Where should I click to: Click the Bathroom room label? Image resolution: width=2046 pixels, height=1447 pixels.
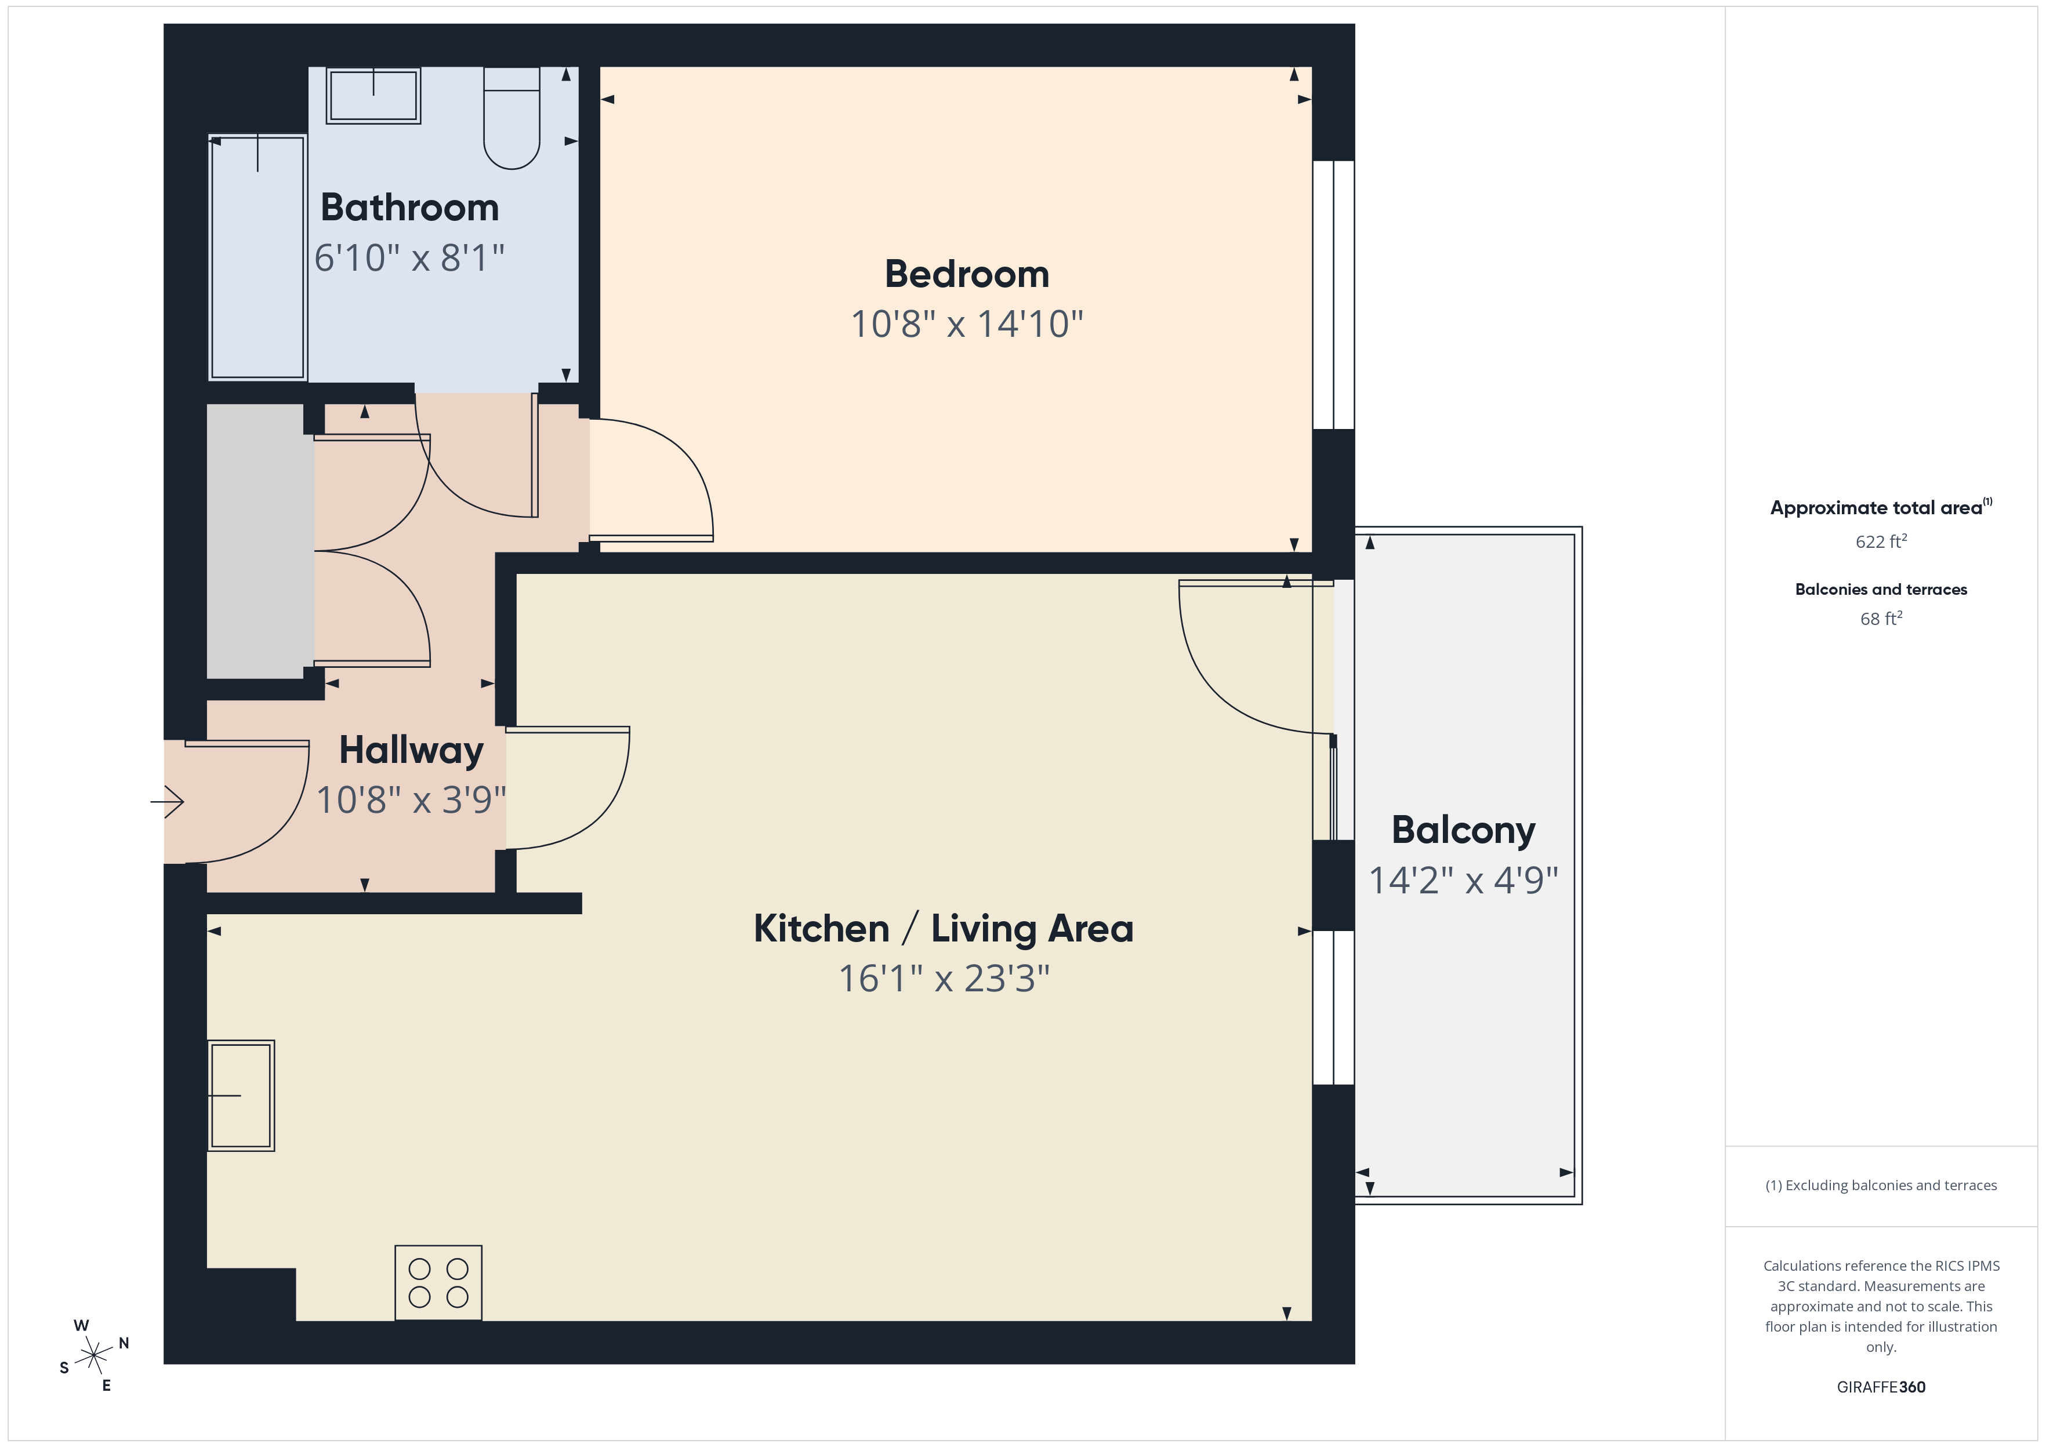(410, 208)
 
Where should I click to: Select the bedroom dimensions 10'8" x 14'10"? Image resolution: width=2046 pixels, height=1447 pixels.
(967, 323)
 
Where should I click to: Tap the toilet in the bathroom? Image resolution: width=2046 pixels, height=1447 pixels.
(512, 118)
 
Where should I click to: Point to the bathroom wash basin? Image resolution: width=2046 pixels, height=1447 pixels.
(373, 95)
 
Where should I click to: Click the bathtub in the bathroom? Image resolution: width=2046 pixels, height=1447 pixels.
(257, 257)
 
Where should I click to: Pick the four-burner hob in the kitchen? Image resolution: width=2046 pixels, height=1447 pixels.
(438, 1282)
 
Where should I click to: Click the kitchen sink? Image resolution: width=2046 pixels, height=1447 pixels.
(241, 1095)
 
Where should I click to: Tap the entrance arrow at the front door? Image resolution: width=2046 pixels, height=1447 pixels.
(168, 802)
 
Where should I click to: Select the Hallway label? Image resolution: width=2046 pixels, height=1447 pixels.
(411, 750)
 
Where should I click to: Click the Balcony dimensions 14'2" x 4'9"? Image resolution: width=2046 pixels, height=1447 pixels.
(1463, 881)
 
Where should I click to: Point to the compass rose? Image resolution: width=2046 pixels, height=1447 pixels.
(93, 1356)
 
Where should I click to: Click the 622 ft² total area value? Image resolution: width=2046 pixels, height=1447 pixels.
(1881, 541)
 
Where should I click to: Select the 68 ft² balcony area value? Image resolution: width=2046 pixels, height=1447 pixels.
(1881, 617)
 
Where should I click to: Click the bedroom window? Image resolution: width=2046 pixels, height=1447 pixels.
(1333, 295)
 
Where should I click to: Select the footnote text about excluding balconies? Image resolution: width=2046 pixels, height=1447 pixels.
(1881, 1185)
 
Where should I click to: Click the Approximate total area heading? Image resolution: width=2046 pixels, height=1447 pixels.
(1881, 507)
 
